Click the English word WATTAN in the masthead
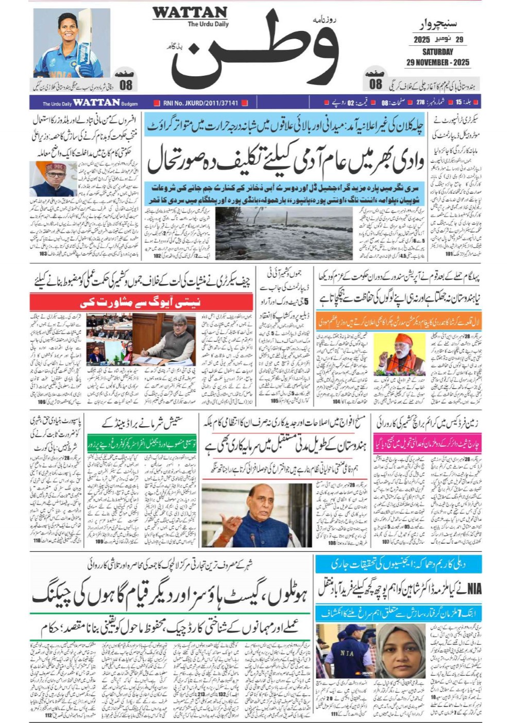[x=190, y=12]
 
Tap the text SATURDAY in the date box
[x=437, y=52]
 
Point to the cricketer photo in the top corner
[x=72, y=43]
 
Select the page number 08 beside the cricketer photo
[x=126, y=85]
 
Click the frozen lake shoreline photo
[x=284, y=233]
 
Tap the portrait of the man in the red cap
[x=53, y=178]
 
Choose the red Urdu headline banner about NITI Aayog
[x=141, y=302]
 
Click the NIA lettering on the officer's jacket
[x=347, y=653]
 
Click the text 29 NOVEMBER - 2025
[x=437, y=62]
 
